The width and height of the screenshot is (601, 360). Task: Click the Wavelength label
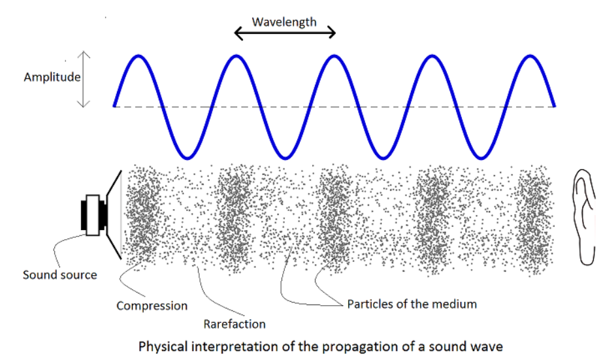[284, 22]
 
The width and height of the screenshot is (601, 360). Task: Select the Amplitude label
[52, 77]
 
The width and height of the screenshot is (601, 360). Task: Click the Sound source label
[59, 274]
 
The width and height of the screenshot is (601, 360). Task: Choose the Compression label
[152, 305]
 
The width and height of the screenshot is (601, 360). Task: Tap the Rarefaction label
[235, 323]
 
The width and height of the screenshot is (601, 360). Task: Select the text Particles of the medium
[412, 304]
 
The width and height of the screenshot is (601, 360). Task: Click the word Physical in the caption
[161, 346]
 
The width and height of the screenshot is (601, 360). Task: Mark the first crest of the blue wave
[138, 57]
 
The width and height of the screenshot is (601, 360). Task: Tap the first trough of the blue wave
[187, 157]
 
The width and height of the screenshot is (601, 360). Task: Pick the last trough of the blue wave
[480, 157]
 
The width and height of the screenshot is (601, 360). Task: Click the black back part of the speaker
[84, 215]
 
